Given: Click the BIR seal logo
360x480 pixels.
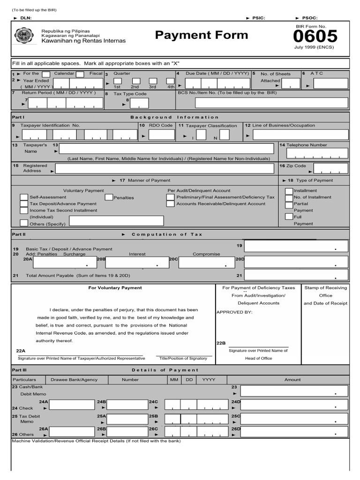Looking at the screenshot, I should (x=24, y=36).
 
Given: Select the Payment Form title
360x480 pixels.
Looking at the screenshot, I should (x=202, y=35).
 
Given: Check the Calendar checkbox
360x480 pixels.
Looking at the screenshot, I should (x=46, y=74).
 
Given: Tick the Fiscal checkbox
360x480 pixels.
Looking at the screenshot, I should (x=80, y=74).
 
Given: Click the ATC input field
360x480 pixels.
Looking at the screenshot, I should (x=330, y=84).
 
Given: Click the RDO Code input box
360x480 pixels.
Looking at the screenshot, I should (x=161, y=135).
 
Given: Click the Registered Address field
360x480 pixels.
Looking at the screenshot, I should (x=164, y=169).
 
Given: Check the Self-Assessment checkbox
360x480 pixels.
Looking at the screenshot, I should (x=24, y=197).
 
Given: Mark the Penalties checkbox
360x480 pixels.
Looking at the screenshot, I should (x=109, y=197).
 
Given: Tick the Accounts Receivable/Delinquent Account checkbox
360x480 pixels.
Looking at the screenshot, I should (x=170, y=204).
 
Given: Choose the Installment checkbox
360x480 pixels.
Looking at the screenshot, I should (x=289, y=191).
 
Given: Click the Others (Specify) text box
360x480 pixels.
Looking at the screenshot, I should (x=116, y=221).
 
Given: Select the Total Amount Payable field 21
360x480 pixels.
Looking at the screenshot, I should (x=296, y=275).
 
